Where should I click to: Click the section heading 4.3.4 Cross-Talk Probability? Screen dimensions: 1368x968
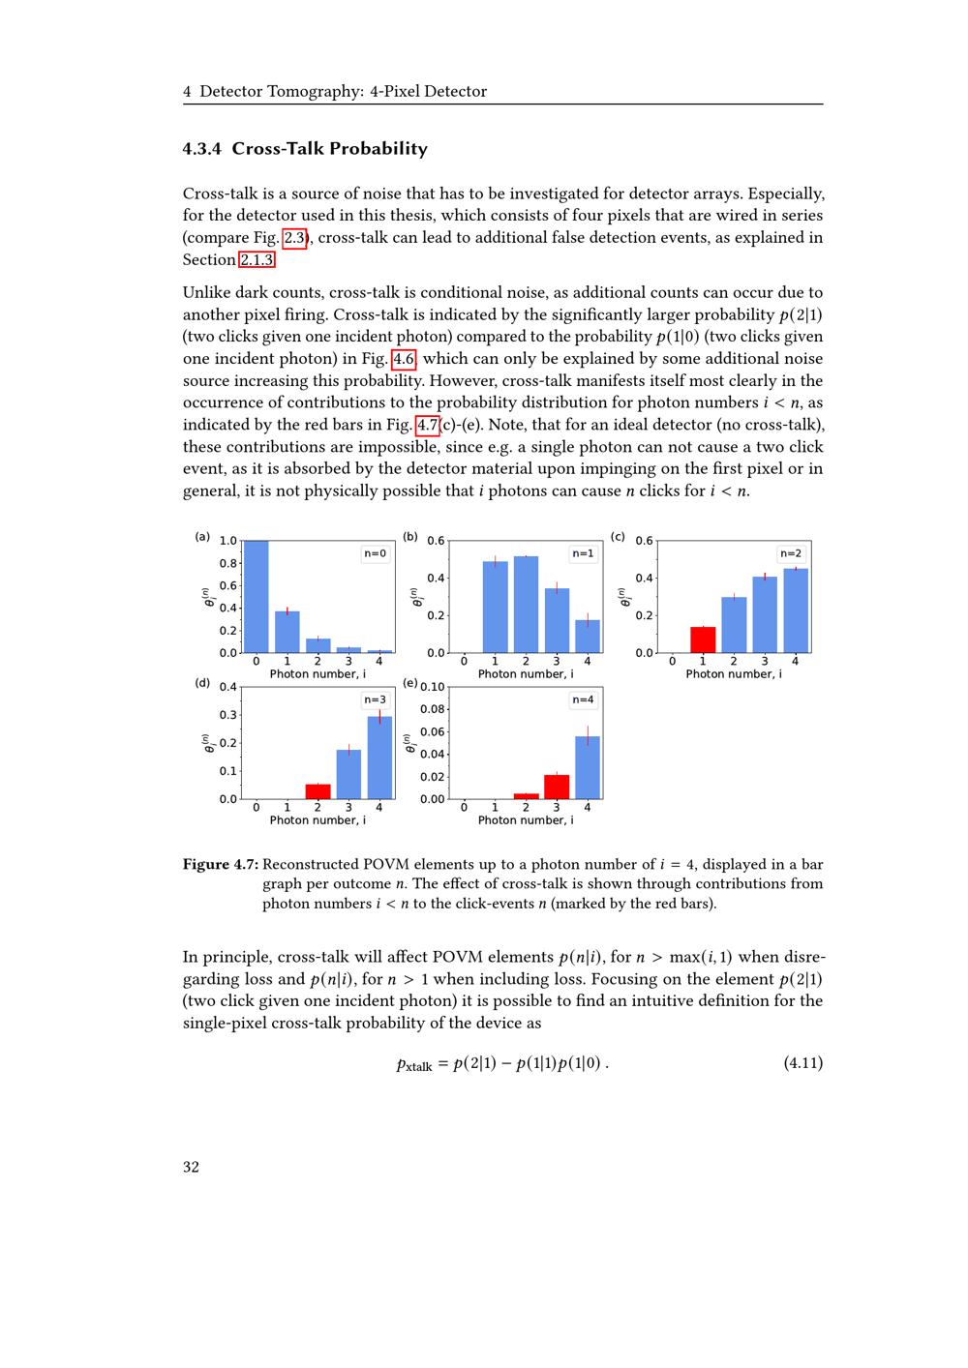pos(305,149)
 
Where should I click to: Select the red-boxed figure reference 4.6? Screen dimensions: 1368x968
pos(404,359)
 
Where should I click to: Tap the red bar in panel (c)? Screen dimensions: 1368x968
pos(703,639)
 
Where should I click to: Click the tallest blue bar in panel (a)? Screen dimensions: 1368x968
pos(256,596)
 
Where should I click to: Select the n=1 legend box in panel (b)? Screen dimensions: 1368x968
pos(583,553)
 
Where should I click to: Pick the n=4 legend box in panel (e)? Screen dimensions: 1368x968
pos(583,699)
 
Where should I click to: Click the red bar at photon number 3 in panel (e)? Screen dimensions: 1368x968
pos(557,787)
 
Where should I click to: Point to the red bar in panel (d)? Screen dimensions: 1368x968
pos(318,791)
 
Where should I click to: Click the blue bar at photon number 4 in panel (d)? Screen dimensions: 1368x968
pos(379,758)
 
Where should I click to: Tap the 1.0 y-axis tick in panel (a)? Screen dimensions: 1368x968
pos(227,541)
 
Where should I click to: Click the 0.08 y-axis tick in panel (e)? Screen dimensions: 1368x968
pos(432,710)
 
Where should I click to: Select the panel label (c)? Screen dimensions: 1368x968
pos(618,536)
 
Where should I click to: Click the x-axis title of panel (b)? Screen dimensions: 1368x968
pos(525,674)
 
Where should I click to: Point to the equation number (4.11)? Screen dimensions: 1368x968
pos(802,1063)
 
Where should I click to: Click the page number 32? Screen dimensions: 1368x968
pos(191,1167)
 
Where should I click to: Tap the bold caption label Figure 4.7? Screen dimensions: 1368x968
pos(221,864)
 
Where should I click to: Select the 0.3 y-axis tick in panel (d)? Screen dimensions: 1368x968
pos(228,715)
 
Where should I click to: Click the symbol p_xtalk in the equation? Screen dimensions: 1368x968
pos(414,1064)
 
